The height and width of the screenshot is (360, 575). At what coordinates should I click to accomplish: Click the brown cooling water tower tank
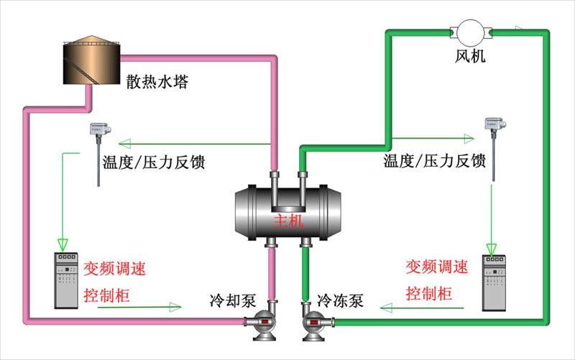(90, 60)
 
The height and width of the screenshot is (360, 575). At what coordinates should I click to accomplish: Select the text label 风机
(470, 55)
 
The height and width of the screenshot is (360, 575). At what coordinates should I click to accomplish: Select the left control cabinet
(66, 280)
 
